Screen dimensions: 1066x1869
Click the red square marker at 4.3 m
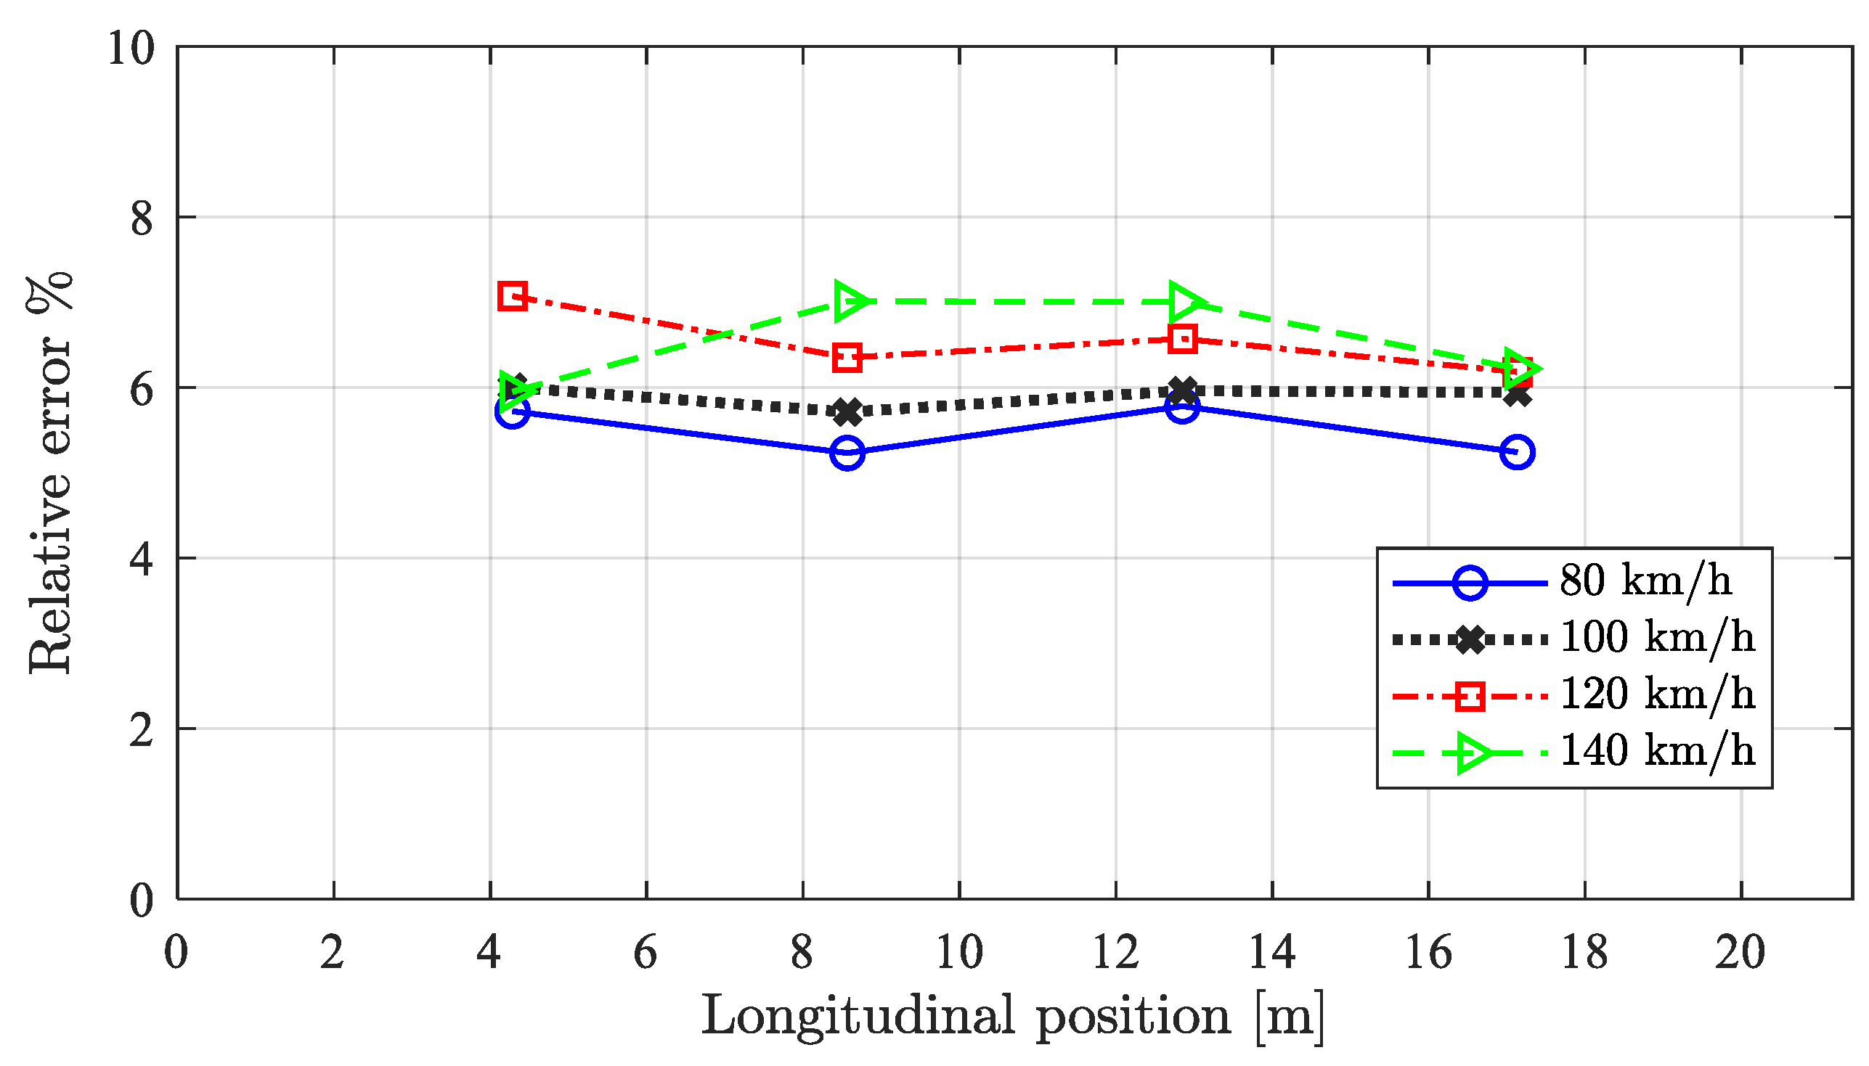pos(512,297)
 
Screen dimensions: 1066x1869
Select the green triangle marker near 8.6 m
pos(850,301)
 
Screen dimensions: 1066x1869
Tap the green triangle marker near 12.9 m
pos(1184,302)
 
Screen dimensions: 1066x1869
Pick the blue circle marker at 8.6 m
pos(847,454)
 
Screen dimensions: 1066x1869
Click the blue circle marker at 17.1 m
pos(1517,453)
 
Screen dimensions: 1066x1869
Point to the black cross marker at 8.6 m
pos(847,412)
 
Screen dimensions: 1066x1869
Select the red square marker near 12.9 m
pos(1183,339)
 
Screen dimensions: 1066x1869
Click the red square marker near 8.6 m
pos(847,358)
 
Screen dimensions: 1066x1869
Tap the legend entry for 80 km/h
pos(1645,581)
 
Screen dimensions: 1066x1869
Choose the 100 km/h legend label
pos(1657,638)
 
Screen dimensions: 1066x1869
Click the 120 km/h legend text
pos(1657,694)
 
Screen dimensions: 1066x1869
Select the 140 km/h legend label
pos(1657,751)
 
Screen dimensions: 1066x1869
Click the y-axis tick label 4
pos(142,560)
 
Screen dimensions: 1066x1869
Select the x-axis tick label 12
pos(1115,954)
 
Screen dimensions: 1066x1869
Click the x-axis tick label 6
pos(646,954)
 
